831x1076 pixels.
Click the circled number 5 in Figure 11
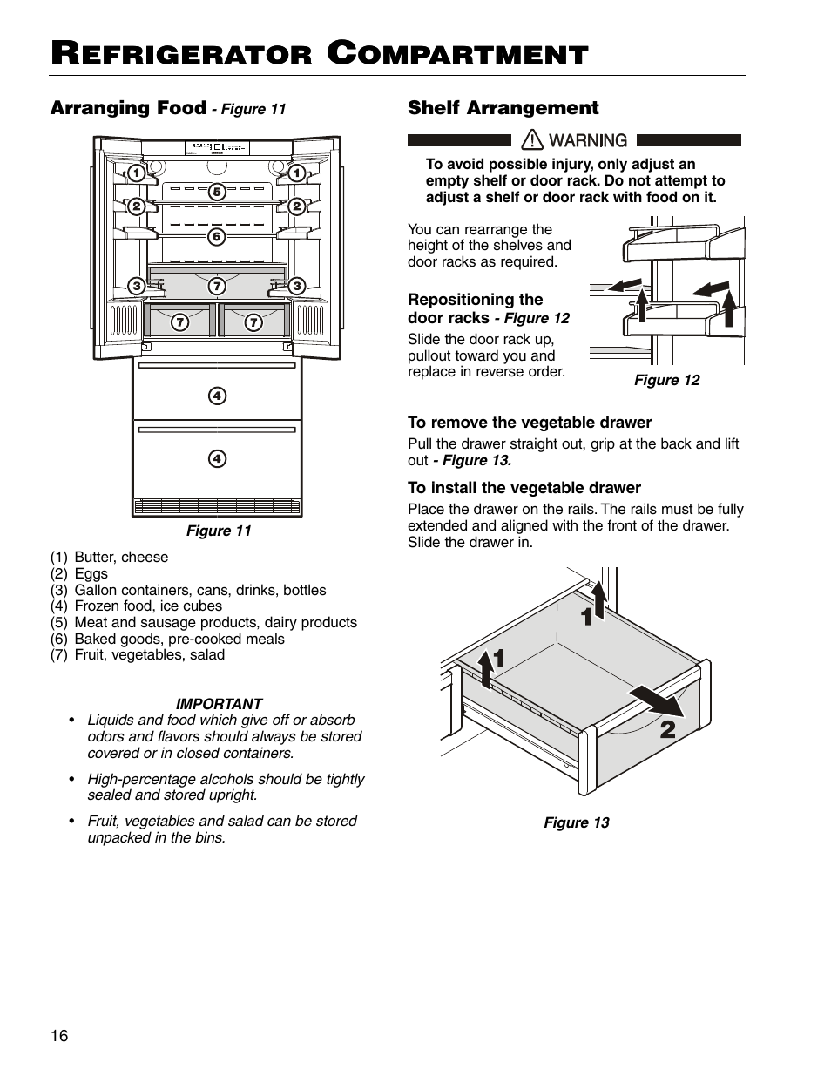[217, 191]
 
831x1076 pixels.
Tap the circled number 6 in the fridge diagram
[217, 236]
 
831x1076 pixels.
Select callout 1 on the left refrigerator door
[137, 173]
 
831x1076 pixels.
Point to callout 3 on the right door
[296, 286]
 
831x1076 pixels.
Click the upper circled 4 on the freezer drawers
[217, 396]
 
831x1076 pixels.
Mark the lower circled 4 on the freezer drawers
[217, 458]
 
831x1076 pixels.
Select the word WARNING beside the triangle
[588, 140]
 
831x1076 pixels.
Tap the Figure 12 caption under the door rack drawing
[666, 380]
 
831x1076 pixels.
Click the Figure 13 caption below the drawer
[577, 822]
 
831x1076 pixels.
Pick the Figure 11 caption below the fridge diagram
[219, 531]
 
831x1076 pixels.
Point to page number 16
[59, 1036]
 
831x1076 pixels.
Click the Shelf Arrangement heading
[503, 108]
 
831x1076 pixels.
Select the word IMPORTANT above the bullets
[219, 704]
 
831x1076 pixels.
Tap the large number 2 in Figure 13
[667, 729]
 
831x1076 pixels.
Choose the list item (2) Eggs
[79, 573]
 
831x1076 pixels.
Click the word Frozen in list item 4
[98, 606]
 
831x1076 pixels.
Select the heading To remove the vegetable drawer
[530, 423]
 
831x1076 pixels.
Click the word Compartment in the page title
[460, 55]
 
